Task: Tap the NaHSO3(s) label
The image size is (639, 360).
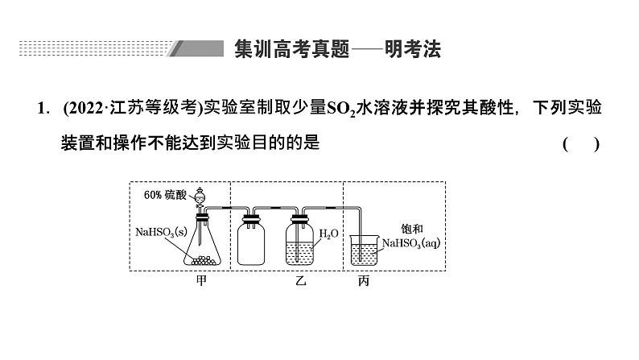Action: (x=162, y=234)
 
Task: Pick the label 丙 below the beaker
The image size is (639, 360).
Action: (x=361, y=282)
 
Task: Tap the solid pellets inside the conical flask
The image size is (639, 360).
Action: (x=200, y=257)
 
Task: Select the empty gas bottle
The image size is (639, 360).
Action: (x=252, y=240)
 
